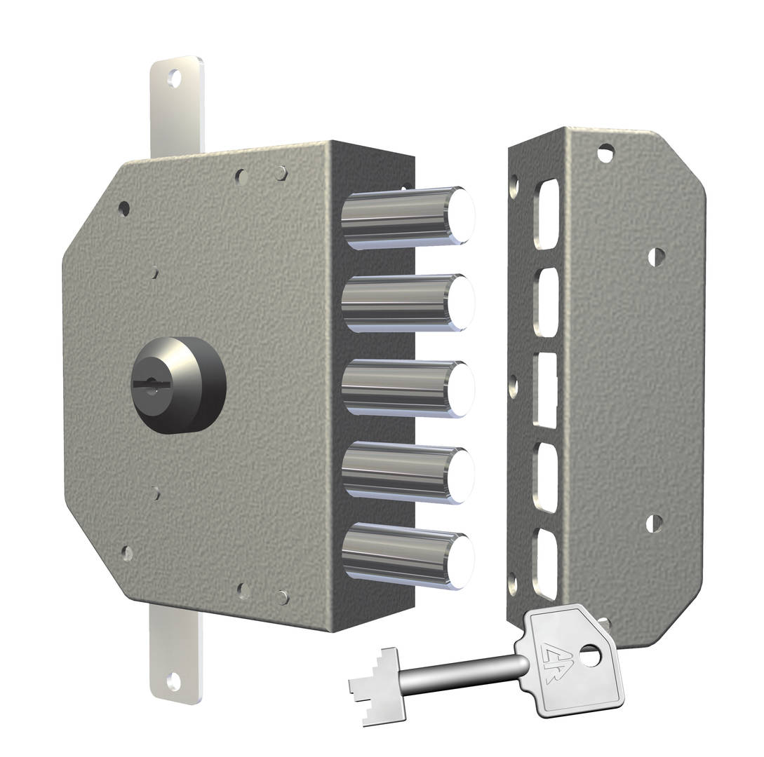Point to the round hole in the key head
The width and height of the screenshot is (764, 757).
pyautogui.click(x=591, y=657)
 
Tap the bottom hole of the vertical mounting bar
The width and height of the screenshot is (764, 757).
pyautogui.click(x=173, y=681)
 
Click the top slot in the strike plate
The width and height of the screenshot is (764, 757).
pyautogui.click(x=547, y=214)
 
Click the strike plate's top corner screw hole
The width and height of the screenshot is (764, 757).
pyautogui.click(x=605, y=151)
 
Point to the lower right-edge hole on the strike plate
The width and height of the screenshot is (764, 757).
pyautogui.click(x=654, y=523)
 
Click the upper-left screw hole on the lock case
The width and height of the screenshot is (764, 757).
pyautogui.click(x=124, y=208)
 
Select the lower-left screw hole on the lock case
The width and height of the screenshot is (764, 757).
pyautogui.click(x=126, y=553)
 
